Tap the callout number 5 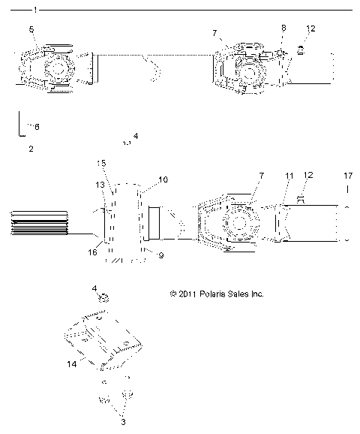(31, 29)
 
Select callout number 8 (283, 28)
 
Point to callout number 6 (37, 127)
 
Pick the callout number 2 (31, 149)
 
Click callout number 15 (103, 163)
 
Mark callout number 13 (100, 184)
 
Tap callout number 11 (288, 196)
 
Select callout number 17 (347, 197)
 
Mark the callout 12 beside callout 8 (310, 29)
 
